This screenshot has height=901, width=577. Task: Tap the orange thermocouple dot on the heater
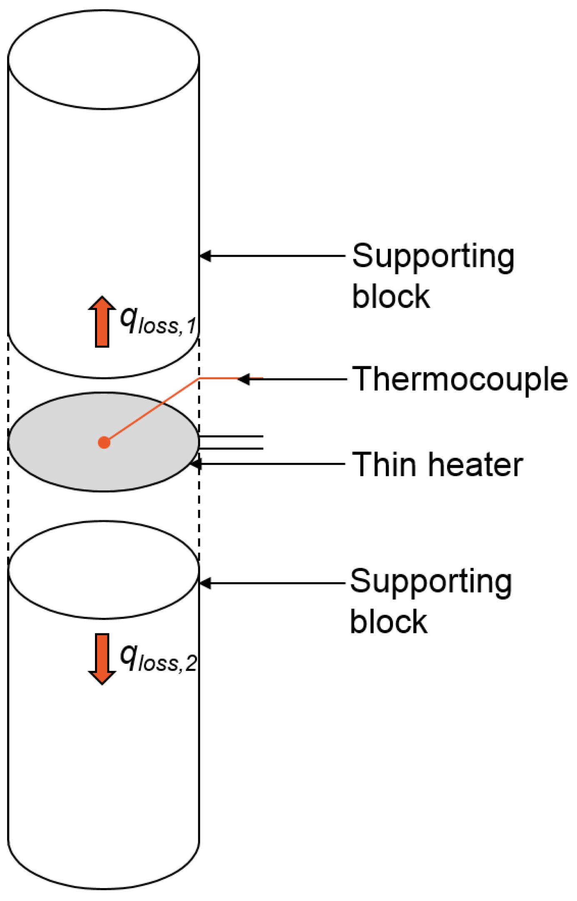(x=104, y=442)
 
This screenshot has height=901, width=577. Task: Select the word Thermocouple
(x=460, y=380)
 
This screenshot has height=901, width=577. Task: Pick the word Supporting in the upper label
(x=433, y=257)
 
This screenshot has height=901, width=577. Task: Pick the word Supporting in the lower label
(x=431, y=582)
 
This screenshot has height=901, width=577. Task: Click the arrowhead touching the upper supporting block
(x=205, y=256)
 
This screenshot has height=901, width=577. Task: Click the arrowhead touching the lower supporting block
(x=205, y=583)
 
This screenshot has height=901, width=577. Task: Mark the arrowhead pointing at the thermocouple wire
(x=244, y=379)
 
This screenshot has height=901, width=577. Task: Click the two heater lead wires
(x=231, y=442)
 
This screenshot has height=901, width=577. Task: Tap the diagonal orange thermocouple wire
(x=152, y=410)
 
